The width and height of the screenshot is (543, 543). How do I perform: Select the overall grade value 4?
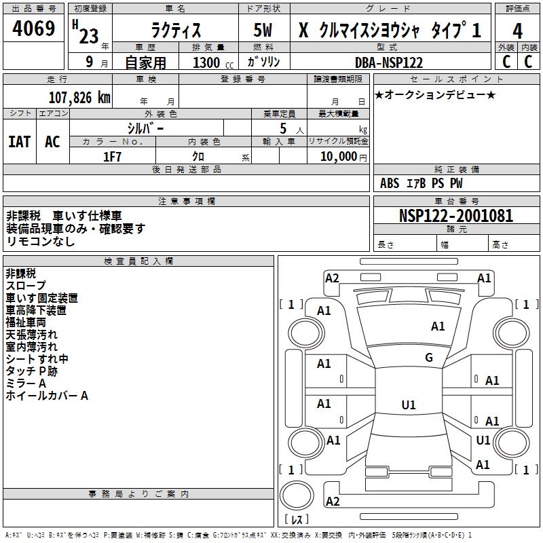517,31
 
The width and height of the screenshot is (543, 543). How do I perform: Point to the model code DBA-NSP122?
388,62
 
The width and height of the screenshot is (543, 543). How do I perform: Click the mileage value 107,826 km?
79,98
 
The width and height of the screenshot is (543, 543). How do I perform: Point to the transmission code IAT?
19,142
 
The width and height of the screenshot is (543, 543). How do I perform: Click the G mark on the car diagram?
428,358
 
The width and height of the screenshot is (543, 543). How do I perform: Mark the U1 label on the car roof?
408,405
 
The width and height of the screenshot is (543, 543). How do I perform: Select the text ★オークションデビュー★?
435,94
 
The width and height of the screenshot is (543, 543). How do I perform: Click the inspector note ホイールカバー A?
47,396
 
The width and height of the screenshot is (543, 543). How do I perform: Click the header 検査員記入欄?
138,261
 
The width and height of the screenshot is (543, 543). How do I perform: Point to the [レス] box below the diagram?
296,520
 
